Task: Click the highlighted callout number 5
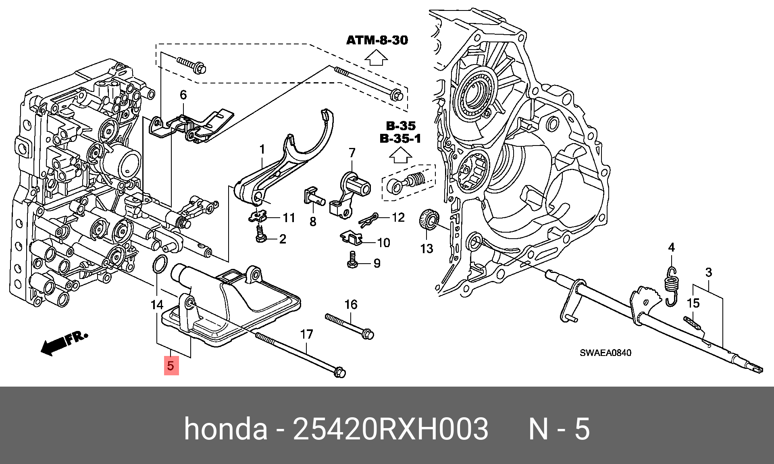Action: [171, 365]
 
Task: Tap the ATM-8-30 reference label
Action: [377, 40]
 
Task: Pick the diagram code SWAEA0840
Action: [605, 353]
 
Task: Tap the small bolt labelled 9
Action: [352, 260]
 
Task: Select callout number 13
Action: [427, 249]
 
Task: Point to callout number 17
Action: [306, 334]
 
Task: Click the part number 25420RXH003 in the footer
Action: [391, 429]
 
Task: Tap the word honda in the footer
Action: [225, 429]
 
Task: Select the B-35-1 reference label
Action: [400, 138]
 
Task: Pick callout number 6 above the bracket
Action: [183, 95]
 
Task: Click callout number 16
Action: [351, 304]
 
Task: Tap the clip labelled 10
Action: [351, 238]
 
